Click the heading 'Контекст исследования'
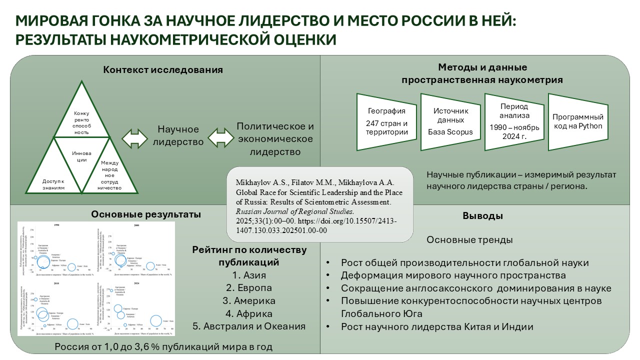[x=163, y=69]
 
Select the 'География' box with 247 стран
[x=386, y=121]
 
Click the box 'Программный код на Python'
[x=577, y=121]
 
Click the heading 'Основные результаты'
[x=146, y=214]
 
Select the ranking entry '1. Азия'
[x=249, y=275]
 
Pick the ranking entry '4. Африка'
[x=249, y=314]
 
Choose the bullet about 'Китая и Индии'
[x=437, y=327]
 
